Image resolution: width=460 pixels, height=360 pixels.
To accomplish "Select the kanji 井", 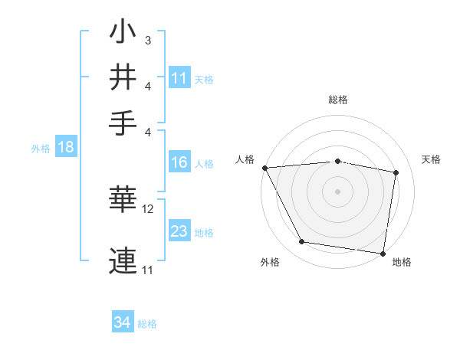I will tap(123, 77).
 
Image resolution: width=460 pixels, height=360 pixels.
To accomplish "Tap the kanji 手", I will tap(123, 122).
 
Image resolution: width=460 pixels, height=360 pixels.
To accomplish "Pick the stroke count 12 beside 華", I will tap(148, 208).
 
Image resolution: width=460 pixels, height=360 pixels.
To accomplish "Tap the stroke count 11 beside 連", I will tap(148, 270).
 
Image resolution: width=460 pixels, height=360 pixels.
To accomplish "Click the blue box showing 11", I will tap(179, 77).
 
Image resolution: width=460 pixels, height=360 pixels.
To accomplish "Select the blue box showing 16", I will tap(179, 162).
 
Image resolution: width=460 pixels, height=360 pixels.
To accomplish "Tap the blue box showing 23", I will tap(179, 231).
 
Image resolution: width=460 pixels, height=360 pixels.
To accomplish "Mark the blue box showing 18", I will tap(65, 147).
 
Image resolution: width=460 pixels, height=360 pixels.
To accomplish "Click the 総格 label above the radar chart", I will tap(338, 100).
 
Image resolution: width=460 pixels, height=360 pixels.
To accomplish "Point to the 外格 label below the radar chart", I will tap(270, 263).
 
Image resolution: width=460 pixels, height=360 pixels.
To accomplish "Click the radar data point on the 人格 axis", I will tap(264, 167).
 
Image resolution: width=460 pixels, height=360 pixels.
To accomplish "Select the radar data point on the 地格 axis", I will tap(383, 253).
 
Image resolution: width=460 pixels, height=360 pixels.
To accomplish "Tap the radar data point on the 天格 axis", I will tap(396, 172).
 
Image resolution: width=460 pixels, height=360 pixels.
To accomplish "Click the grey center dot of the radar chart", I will tap(338, 191).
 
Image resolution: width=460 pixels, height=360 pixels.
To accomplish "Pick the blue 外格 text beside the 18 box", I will tap(40, 149).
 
